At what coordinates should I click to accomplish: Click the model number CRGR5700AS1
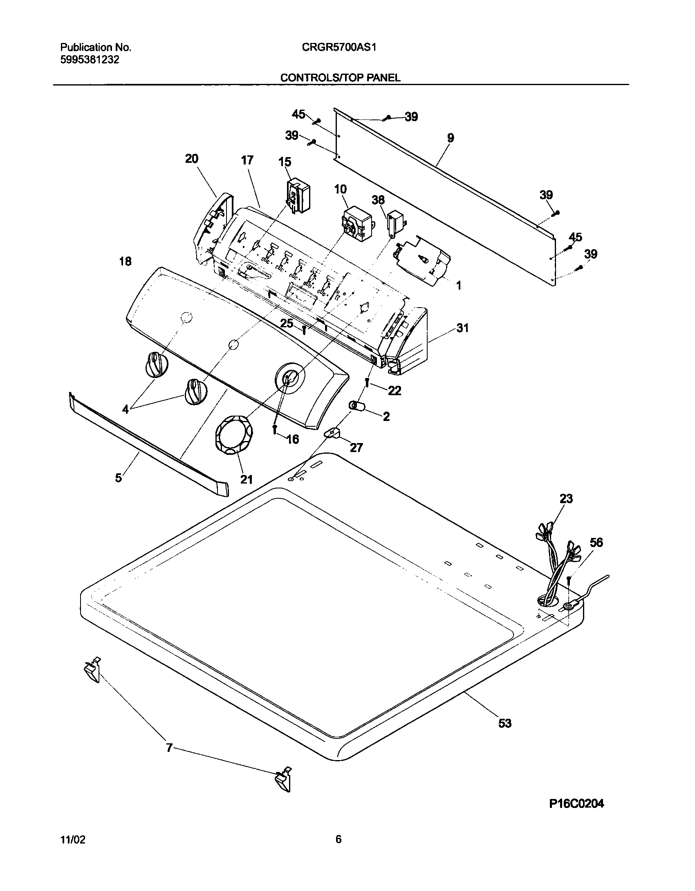[339, 47]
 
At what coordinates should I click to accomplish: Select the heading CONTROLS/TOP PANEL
[340, 78]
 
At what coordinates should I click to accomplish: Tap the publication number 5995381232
[90, 60]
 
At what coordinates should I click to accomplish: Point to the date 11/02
[73, 840]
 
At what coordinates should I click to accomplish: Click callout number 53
[505, 723]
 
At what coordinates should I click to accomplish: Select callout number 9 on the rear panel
[450, 138]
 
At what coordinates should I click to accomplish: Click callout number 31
[462, 328]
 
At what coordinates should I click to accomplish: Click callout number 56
[596, 542]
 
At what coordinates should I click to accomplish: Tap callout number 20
[192, 159]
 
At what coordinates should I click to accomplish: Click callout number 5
[119, 477]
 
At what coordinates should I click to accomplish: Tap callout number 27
[356, 448]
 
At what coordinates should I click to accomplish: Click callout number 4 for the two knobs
[126, 409]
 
